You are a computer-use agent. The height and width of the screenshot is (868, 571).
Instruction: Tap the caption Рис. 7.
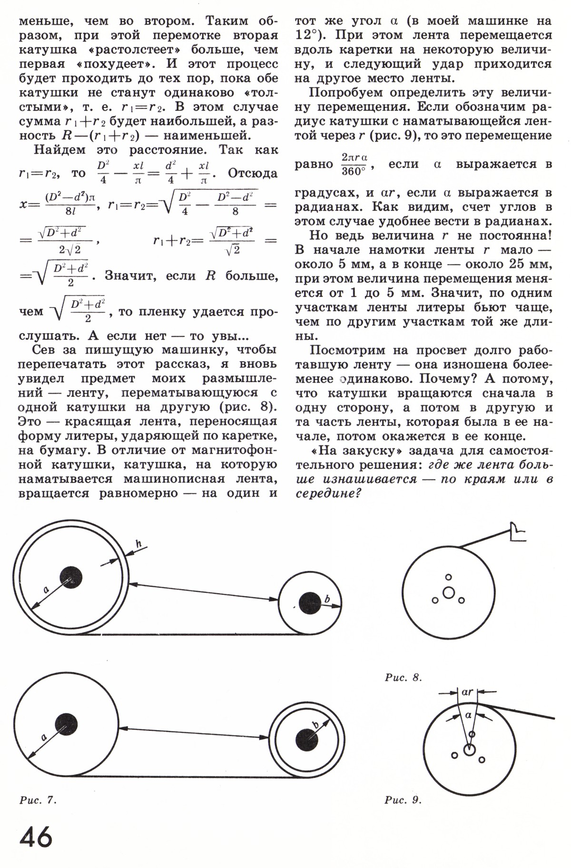38,800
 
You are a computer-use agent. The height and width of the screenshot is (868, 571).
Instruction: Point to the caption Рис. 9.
403,800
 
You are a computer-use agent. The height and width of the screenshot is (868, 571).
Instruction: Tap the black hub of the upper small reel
310,604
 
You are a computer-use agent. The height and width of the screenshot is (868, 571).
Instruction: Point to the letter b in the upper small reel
327,600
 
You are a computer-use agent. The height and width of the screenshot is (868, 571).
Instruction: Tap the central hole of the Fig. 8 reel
448,593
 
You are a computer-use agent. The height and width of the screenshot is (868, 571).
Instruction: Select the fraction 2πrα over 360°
356,164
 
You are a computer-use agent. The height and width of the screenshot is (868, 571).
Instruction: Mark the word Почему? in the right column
456,379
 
